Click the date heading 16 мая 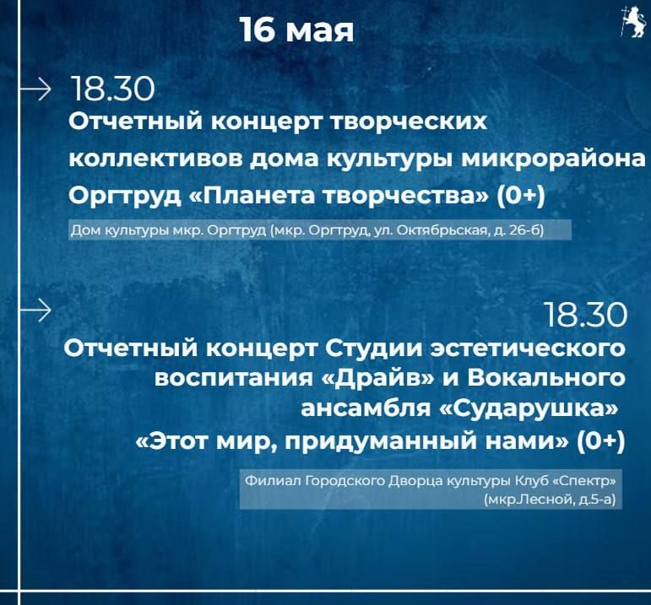(297, 30)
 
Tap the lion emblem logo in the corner (633, 23)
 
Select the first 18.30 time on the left (112, 89)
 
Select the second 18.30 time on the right (585, 315)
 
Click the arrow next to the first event (35, 89)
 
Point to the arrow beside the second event (35, 310)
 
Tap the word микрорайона (554, 159)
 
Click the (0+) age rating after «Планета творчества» (521, 196)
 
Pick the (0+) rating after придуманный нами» (601, 441)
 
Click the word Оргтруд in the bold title (125, 197)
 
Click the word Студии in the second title (373, 349)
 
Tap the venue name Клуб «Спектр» (565, 481)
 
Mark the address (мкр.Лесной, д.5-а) (550, 500)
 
